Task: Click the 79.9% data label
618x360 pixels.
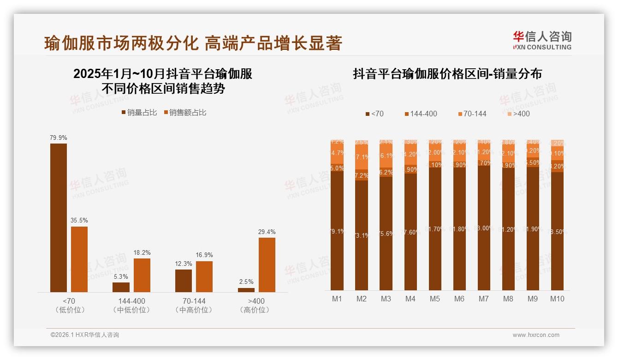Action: tap(59, 138)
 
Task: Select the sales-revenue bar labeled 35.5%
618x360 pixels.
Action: tap(79, 259)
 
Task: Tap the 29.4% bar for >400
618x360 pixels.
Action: tap(267, 264)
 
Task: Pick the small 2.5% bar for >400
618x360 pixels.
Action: tap(246, 290)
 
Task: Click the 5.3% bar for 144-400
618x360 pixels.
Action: tap(121, 287)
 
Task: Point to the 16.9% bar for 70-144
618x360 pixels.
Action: tap(204, 276)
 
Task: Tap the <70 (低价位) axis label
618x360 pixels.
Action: tap(69, 305)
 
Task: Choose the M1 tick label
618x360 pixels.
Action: tap(337, 299)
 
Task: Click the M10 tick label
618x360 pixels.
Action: tap(557, 299)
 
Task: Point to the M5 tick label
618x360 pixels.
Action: tap(435, 299)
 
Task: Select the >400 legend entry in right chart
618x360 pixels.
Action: tap(518, 114)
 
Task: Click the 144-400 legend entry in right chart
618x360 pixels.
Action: tap(421, 114)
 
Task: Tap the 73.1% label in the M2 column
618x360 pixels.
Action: tap(362, 235)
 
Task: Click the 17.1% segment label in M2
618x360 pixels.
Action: tap(362, 157)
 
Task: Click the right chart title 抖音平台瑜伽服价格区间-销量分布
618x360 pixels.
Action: tap(447, 74)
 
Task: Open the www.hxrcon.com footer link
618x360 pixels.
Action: tap(536, 335)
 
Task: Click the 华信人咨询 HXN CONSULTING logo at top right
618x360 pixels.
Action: tap(542, 41)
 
